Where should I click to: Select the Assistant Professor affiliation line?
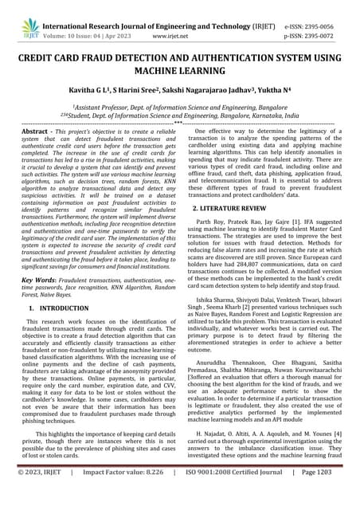(x=180, y=107)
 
